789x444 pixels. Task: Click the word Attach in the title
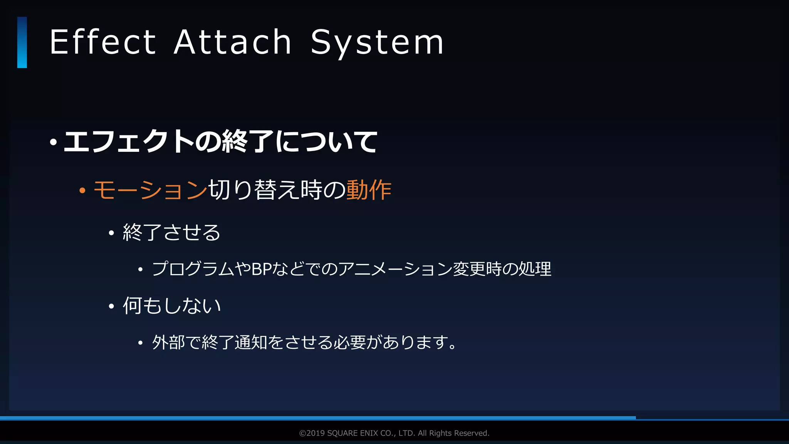pyautogui.click(x=232, y=42)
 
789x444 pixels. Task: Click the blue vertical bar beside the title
pyautogui.click(x=22, y=42)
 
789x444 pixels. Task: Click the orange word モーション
pyautogui.click(x=150, y=190)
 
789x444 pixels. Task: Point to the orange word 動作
pyautogui.click(x=369, y=190)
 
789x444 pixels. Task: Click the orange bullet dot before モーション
pyautogui.click(x=82, y=190)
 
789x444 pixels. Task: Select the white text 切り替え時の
pyautogui.click(x=277, y=190)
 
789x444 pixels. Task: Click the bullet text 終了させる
pyautogui.click(x=171, y=232)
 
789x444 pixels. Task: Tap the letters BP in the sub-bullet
pyautogui.click(x=262, y=269)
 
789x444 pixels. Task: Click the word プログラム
pyautogui.click(x=193, y=269)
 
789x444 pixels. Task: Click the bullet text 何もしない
pyautogui.click(x=171, y=306)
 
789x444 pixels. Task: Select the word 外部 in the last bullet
pyautogui.click(x=168, y=342)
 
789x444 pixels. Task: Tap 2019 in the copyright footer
pyautogui.click(x=316, y=433)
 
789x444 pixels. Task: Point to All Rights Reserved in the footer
pyautogui.click(x=453, y=433)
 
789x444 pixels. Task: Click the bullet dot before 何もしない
pyautogui.click(x=111, y=307)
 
